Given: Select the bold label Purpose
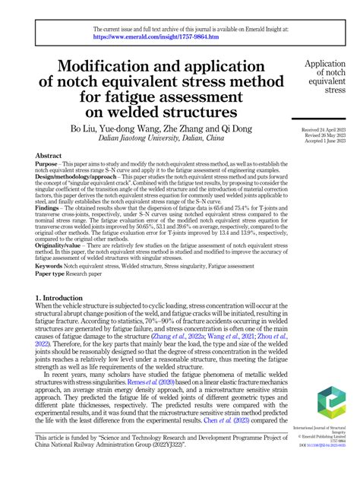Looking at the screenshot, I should coord(49,163).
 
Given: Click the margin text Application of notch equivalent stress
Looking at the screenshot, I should coord(330,78).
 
